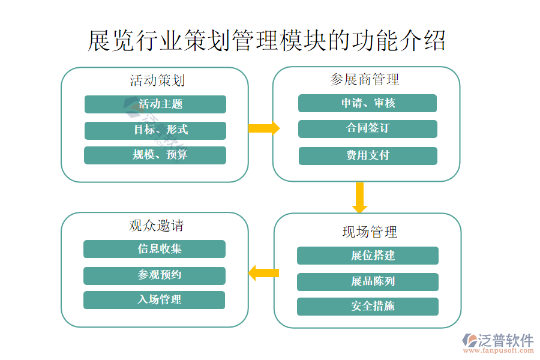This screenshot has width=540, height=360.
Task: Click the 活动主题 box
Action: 155,104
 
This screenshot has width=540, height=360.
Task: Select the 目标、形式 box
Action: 155,130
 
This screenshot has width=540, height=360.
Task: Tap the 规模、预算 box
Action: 155,155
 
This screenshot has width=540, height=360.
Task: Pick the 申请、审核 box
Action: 367,103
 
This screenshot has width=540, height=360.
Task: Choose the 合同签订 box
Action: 367,128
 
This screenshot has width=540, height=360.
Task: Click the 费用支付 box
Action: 367,155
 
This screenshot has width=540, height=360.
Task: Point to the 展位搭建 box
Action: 367,256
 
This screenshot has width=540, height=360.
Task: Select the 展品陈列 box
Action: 367,281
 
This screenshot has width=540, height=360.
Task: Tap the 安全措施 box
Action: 367,307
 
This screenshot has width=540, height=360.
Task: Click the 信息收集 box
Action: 154,249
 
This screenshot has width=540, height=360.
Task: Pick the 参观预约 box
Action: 154,275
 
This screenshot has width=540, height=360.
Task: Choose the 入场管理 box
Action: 154,300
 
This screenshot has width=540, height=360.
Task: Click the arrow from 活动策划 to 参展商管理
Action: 263,128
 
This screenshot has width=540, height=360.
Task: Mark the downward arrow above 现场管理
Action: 359,197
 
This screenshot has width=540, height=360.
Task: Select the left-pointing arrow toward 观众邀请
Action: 263,273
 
